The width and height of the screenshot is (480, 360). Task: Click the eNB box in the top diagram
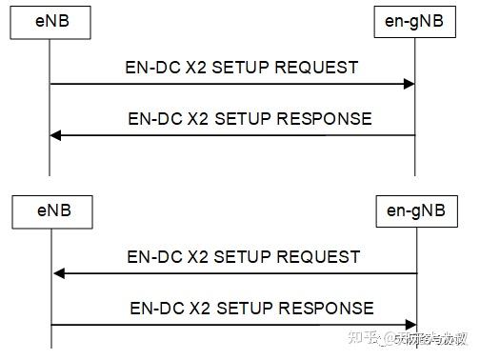coord(49,21)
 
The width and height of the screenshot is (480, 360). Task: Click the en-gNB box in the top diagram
coord(414,21)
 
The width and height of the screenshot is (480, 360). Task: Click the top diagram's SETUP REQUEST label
coord(242,68)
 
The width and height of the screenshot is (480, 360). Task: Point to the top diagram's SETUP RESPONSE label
coord(249,119)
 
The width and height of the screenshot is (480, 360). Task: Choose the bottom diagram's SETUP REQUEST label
coord(244,256)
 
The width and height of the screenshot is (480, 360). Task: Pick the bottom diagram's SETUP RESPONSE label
coord(250,308)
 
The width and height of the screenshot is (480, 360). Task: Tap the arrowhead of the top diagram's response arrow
coord(56,135)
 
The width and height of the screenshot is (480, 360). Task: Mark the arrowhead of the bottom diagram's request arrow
coord(59,273)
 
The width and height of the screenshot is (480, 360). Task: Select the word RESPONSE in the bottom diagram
coord(330,308)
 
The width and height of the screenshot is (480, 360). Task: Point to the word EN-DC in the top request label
coord(150,68)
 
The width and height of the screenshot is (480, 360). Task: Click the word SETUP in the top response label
coord(248,119)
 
